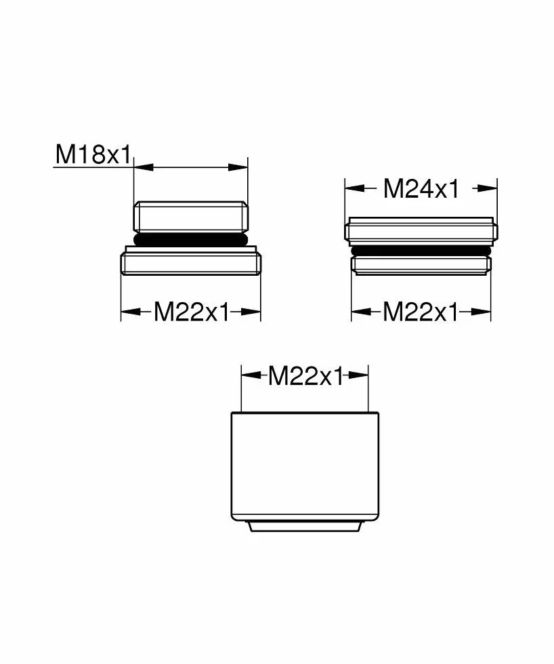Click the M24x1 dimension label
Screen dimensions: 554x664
click(x=421, y=188)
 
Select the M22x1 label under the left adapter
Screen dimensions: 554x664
click(x=191, y=312)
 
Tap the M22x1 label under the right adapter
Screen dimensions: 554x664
click(x=421, y=312)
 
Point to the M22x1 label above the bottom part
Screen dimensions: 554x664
click(x=306, y=375)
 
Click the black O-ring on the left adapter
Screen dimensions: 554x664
click(x=191, y=239)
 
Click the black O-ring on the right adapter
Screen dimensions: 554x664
click(x=421, y=251)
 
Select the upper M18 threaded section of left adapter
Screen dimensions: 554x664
click(x=191, y=217)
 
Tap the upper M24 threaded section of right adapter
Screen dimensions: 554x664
click(x=421, y=231)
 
